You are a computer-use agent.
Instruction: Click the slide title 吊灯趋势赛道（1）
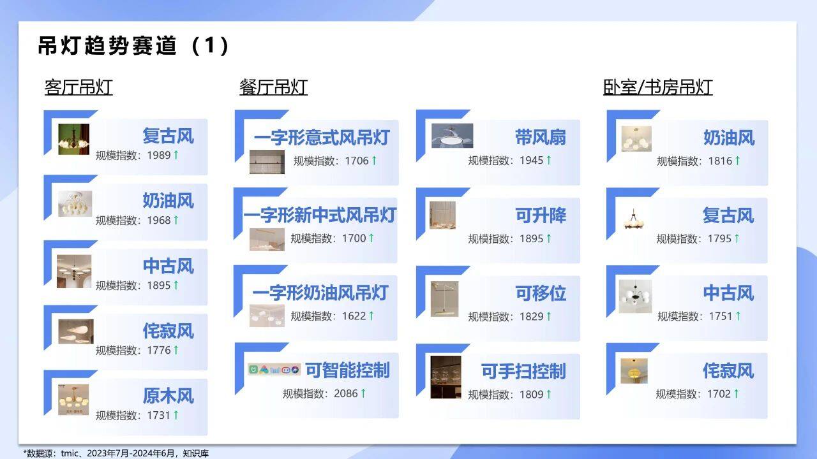(133, 45)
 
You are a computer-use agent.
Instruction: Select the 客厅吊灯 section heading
(79, 87)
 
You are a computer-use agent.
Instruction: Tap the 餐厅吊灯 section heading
(273, 87)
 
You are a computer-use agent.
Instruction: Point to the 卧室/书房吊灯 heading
(657, 87)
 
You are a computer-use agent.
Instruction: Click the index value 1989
(159, 155)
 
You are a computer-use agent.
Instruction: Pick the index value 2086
(346, 393)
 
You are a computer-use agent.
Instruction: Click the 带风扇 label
(541, 137)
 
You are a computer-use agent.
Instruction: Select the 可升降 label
(541, 215)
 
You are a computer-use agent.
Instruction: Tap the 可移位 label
(541, 293)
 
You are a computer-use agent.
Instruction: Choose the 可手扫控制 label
(523, 371)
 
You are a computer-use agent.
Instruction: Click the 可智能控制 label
(347, 370)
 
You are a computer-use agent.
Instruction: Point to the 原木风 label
(168, 396)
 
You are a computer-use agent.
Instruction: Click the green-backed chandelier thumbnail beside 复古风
(73, 139)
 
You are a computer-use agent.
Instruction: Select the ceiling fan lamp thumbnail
(453, 136)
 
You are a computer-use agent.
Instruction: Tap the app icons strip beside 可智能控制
(274, 370)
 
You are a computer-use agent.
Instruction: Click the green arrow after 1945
(549, 160)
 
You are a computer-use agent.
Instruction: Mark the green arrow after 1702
(737, 393)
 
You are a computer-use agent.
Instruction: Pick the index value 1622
(354, 316)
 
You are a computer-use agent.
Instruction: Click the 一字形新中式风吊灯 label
(320, 215)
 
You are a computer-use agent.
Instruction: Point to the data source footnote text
(116, 453)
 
